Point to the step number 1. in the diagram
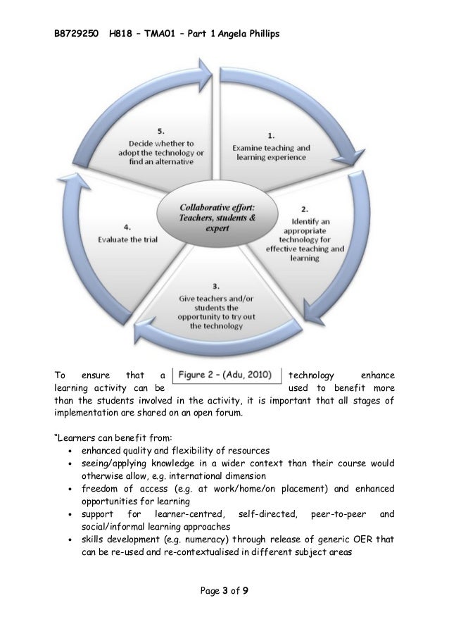pos(271,135)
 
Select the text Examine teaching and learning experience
pos(271,153)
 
